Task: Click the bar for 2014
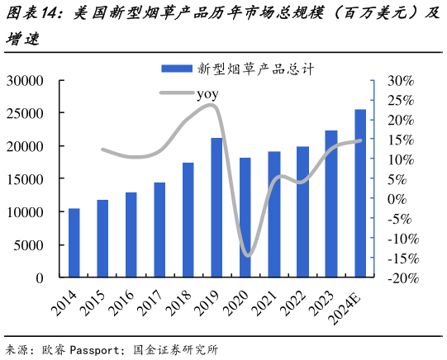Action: tap(74, 244)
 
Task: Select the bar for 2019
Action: tap(216, 208)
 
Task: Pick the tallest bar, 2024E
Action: tap(360, 194)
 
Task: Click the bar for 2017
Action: tap(159, 230)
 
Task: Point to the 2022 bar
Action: tap(302, 212)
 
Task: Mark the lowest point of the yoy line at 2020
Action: tap(247, 255)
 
